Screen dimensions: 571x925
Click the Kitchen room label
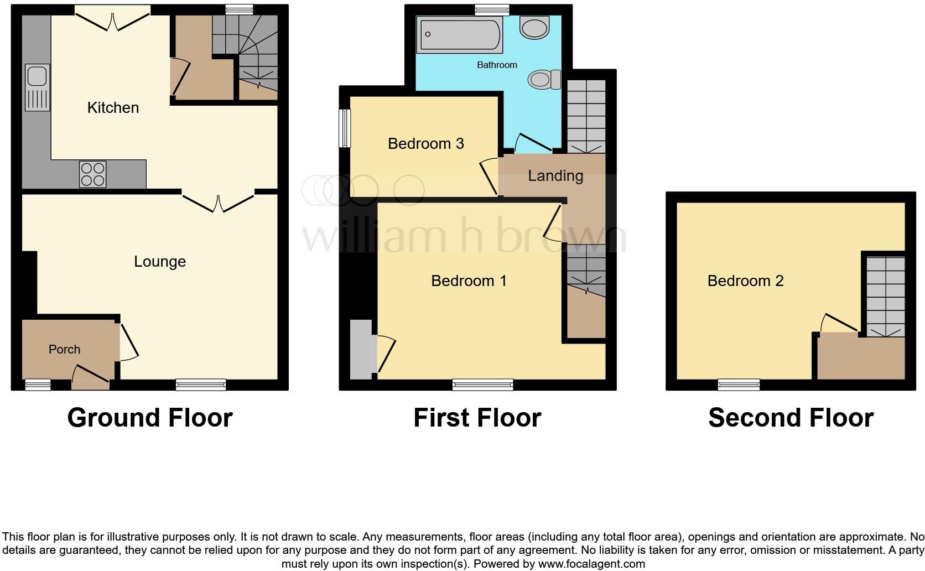click(113, 107)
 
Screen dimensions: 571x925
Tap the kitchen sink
click(37, 87)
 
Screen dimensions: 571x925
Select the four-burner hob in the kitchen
click(92, 174)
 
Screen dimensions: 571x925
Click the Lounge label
click(160, 261)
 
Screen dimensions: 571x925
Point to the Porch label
click(64, 349)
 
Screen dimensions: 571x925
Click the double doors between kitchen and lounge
click(219, 202)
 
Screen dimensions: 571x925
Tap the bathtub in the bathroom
click(459, 35)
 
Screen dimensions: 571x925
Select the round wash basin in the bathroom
click(534, 28)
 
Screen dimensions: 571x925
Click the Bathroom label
click(497, 65)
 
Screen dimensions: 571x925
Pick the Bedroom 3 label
click(425, 144)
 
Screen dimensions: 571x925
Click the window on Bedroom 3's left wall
click(345, 128)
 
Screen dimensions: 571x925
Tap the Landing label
click(555, 176)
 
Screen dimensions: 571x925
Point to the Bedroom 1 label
click(469, 281)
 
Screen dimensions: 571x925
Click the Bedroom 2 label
click(745, 281)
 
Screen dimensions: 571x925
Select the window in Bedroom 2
click(739, 384)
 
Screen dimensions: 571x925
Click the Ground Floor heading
click(150, 418)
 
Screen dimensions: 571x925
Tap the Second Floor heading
click(791, 418)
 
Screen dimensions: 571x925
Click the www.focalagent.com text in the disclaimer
click(591, 564)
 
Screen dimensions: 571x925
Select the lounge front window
click(201, 384)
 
